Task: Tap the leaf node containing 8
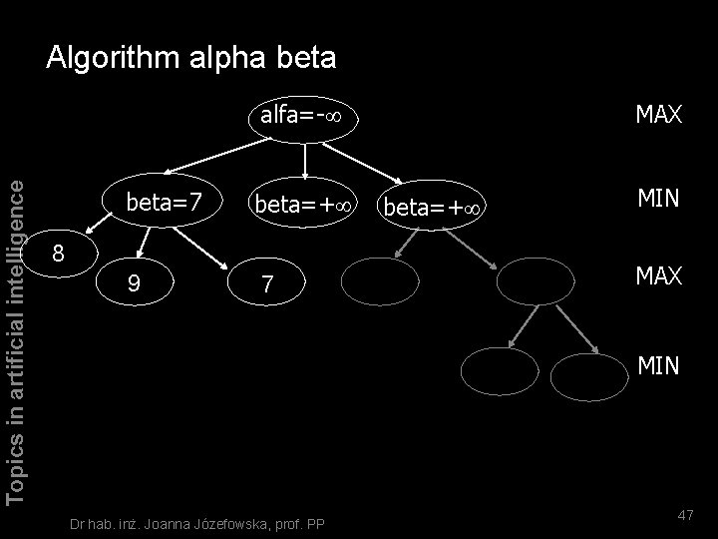tap(59, 254)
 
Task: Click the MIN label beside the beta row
tap(658, 200)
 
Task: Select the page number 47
tap(684, 514)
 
